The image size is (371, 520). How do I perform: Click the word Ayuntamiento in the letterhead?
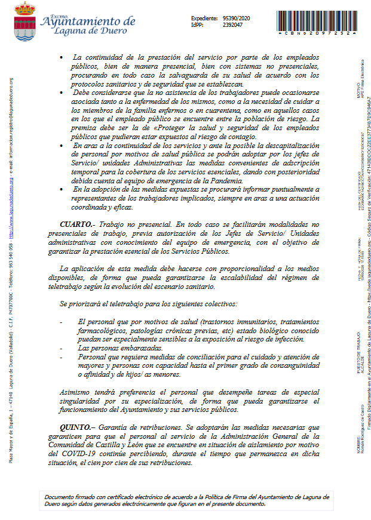pyautogui.click(x=88, y=22)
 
